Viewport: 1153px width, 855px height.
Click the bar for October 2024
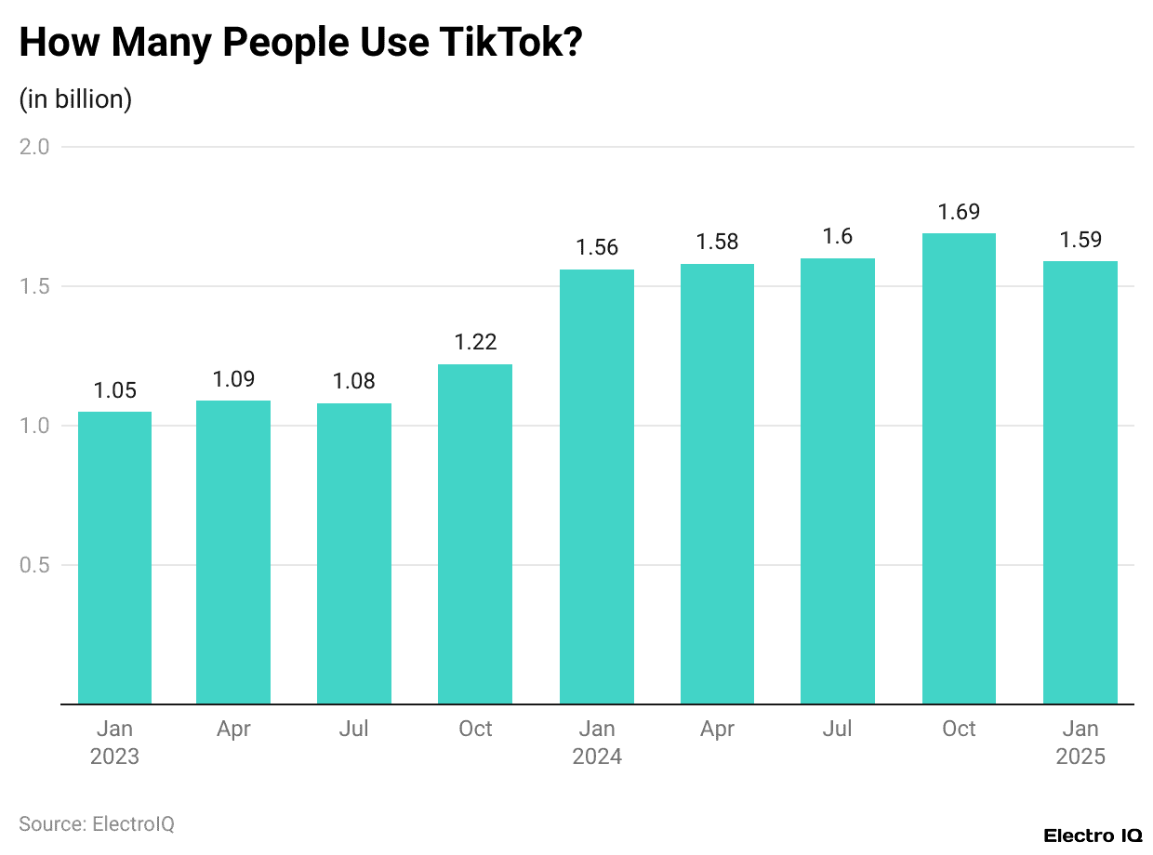point(959,468)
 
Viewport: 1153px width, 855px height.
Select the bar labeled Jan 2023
point(114,558)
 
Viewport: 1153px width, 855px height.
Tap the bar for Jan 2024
point(597,487)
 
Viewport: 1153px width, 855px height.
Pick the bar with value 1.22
point(475,534)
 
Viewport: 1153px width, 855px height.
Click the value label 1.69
point(959,212)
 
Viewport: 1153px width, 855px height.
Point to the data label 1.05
point(115,390)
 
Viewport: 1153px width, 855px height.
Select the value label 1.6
point(838,237)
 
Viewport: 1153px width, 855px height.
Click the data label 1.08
point(354,382)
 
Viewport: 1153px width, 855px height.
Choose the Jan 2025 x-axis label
point(1080,743)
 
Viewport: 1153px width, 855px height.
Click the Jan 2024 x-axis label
point(597,743)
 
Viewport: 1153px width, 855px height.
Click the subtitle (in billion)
point(75,99)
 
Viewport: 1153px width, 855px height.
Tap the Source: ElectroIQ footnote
point(97,823)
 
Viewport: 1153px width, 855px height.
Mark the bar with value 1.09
point(233,552)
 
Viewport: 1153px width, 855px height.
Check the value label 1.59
point(1080,240)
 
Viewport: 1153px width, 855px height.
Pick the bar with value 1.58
point(717,483)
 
